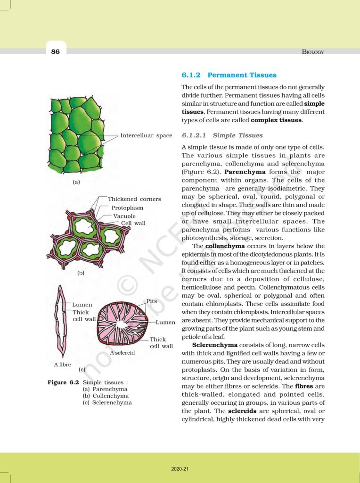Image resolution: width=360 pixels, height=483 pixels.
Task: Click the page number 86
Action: tap(55, 52)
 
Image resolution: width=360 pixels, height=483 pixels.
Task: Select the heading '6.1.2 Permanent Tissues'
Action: tap(229, 75)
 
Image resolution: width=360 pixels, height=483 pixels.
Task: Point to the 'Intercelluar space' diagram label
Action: tap(146, 136)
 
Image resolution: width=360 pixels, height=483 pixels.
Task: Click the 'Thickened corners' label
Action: tap(134, 199)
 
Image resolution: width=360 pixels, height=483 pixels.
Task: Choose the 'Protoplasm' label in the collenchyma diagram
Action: tap(127, 208)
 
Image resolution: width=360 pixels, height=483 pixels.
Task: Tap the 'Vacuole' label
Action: tap(124, 216)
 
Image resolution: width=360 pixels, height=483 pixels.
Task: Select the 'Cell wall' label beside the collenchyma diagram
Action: tap(133, 223)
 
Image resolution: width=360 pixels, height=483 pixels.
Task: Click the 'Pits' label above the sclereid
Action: tap(152, 301)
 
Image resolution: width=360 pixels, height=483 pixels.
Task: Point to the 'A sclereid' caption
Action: tap(123, 352)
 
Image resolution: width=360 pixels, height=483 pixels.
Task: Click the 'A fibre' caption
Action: tap(62, 365)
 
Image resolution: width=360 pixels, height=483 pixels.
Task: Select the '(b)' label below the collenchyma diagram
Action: tap(81, 273)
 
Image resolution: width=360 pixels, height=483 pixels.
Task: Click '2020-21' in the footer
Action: tap(180, 469)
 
